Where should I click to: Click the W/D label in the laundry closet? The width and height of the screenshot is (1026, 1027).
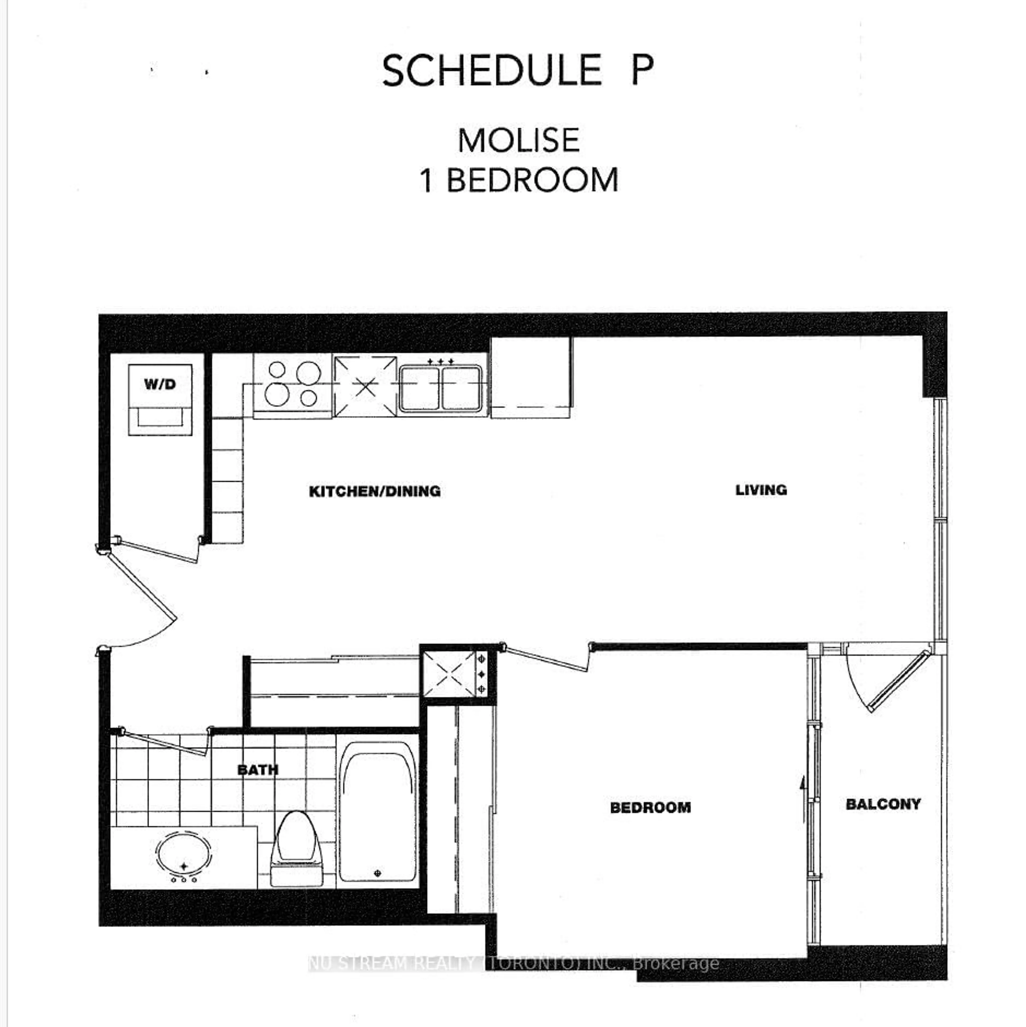tap(160, 384)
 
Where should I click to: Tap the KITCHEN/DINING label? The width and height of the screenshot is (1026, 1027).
tap(375, 491)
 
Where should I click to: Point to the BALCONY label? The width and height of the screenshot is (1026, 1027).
tap(883, 804)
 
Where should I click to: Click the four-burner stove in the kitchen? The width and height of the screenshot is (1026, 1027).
tap(292, 384)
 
